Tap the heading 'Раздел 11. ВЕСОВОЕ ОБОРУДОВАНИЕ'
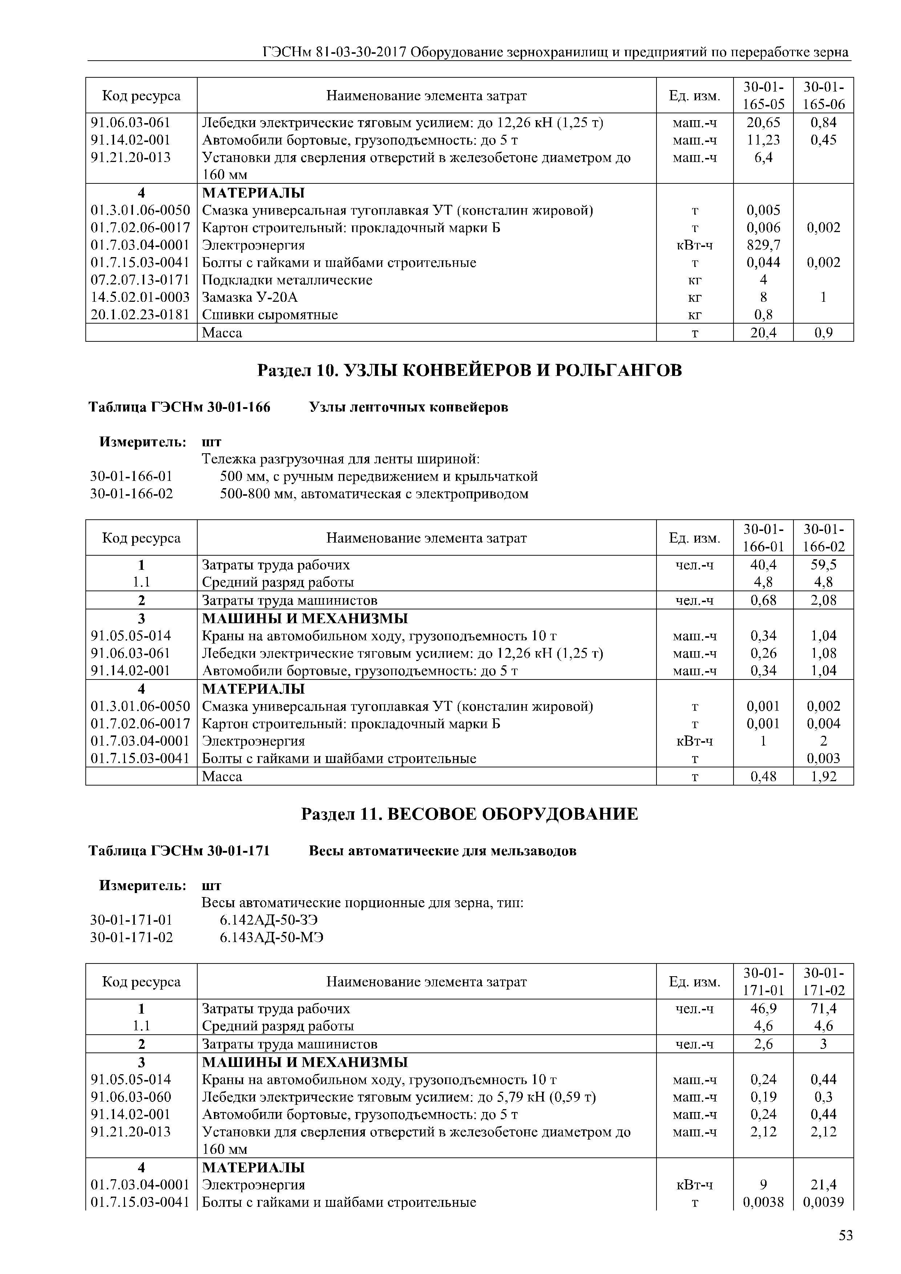point(469,814)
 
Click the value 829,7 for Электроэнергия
point(763,245)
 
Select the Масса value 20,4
point(763,332)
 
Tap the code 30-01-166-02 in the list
point(132,493)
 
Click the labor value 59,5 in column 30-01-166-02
point(823,564)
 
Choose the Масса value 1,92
point(823,776)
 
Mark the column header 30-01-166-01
point(763,538)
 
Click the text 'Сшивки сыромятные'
point(270,315)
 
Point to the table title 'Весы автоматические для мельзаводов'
point(443,851)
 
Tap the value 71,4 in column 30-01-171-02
point(823,1008)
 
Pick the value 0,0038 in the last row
point(763,1202)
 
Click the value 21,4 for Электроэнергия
point(823,1185)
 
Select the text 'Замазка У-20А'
point(250,297)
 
